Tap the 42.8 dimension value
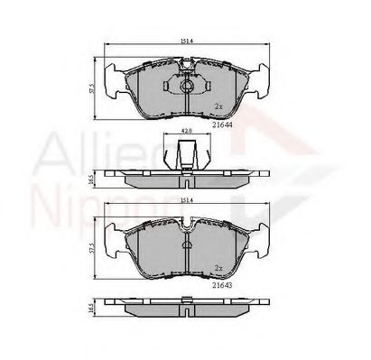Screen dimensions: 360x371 [x=186, y=131]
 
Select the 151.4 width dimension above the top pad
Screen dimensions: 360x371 [x=185, y=42]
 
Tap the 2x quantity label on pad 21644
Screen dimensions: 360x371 [x=218, y=106]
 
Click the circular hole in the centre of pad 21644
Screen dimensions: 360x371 [x=186, y=87]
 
